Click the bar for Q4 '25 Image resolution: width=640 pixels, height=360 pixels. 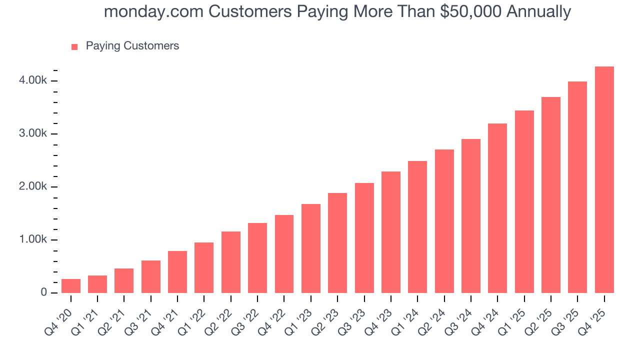tap(604, 180)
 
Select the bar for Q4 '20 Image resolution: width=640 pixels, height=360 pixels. tap(71, 286)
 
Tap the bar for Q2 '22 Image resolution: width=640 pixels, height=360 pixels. tap(231, 262)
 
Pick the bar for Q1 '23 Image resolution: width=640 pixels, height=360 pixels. tap(311, 248)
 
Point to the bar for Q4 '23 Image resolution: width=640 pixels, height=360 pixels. tap(391, 232)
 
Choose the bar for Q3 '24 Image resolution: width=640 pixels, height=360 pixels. tap(471, 216)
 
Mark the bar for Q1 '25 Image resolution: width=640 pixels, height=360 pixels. tap(524, 202)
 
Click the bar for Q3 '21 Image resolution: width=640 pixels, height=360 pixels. tap(151, 277)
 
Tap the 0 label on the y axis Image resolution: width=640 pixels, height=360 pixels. tap(44, 292)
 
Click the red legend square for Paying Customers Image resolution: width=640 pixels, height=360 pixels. tap(74, 46)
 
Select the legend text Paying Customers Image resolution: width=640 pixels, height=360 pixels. tap(132, 46)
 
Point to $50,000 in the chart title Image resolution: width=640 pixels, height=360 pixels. tap(471, 11)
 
